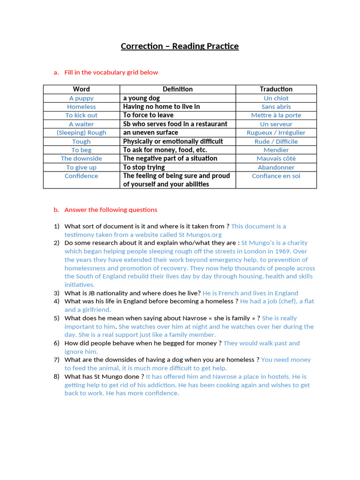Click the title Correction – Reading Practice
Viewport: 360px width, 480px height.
coord(180,46)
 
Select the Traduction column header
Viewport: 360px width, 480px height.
coord(276,89)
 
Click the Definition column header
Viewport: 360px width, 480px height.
coord(177,89)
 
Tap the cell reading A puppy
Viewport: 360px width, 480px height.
coord(81,98)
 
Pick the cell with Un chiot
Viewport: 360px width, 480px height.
coord(276,98)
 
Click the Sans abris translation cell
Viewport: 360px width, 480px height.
coord(276,107)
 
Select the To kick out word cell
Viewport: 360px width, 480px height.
coord(81,115)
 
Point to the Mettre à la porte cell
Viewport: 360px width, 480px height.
coord(276,115)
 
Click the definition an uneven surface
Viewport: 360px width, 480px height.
coord(150,133)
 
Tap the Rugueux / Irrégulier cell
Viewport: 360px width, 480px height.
coord(276,133)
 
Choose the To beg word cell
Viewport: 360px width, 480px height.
coord(81,150)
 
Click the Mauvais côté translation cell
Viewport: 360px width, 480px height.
coord(276,158)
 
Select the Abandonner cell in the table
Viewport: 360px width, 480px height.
coord(276,167)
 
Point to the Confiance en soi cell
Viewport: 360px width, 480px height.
coord(276,176)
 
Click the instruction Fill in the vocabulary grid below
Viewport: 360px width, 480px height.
coord(111,72)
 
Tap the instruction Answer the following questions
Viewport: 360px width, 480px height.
coord(111,210)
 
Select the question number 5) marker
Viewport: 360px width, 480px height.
coord(56,318)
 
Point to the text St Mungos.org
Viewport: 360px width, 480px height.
coord(200,234)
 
